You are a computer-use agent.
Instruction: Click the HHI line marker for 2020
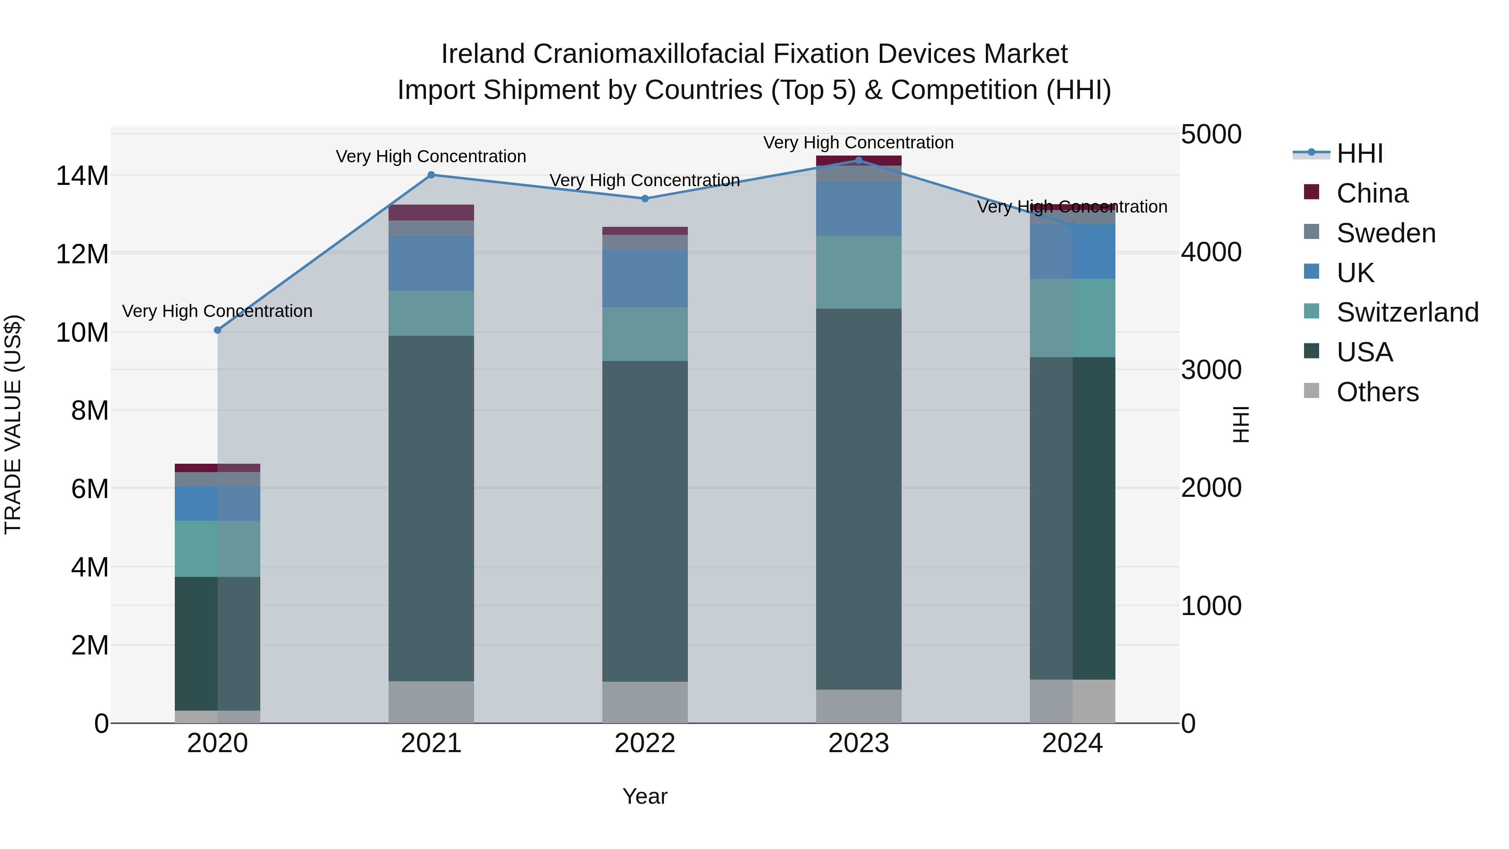[217, 330]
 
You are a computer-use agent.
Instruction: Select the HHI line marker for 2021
[431, 174]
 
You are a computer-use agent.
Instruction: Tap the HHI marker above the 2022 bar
[645, 199]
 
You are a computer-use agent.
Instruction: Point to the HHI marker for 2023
[859, 160]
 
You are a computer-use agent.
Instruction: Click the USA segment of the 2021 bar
[431, 508]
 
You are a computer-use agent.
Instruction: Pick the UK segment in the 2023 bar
[859, 209]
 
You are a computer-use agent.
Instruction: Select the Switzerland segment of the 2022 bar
[645, 334]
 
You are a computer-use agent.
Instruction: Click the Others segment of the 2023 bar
[859, 706]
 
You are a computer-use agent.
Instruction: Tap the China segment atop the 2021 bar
[431, 212]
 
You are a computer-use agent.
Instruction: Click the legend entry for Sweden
[1386, 233]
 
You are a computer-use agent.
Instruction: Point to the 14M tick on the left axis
[82, 176]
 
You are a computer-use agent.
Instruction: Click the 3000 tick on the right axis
[1211, 370]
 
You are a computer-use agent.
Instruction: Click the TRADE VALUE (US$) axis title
[13, 424]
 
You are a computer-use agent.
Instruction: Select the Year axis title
[645, 796]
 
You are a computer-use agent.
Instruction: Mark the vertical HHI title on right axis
[1241, 424]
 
